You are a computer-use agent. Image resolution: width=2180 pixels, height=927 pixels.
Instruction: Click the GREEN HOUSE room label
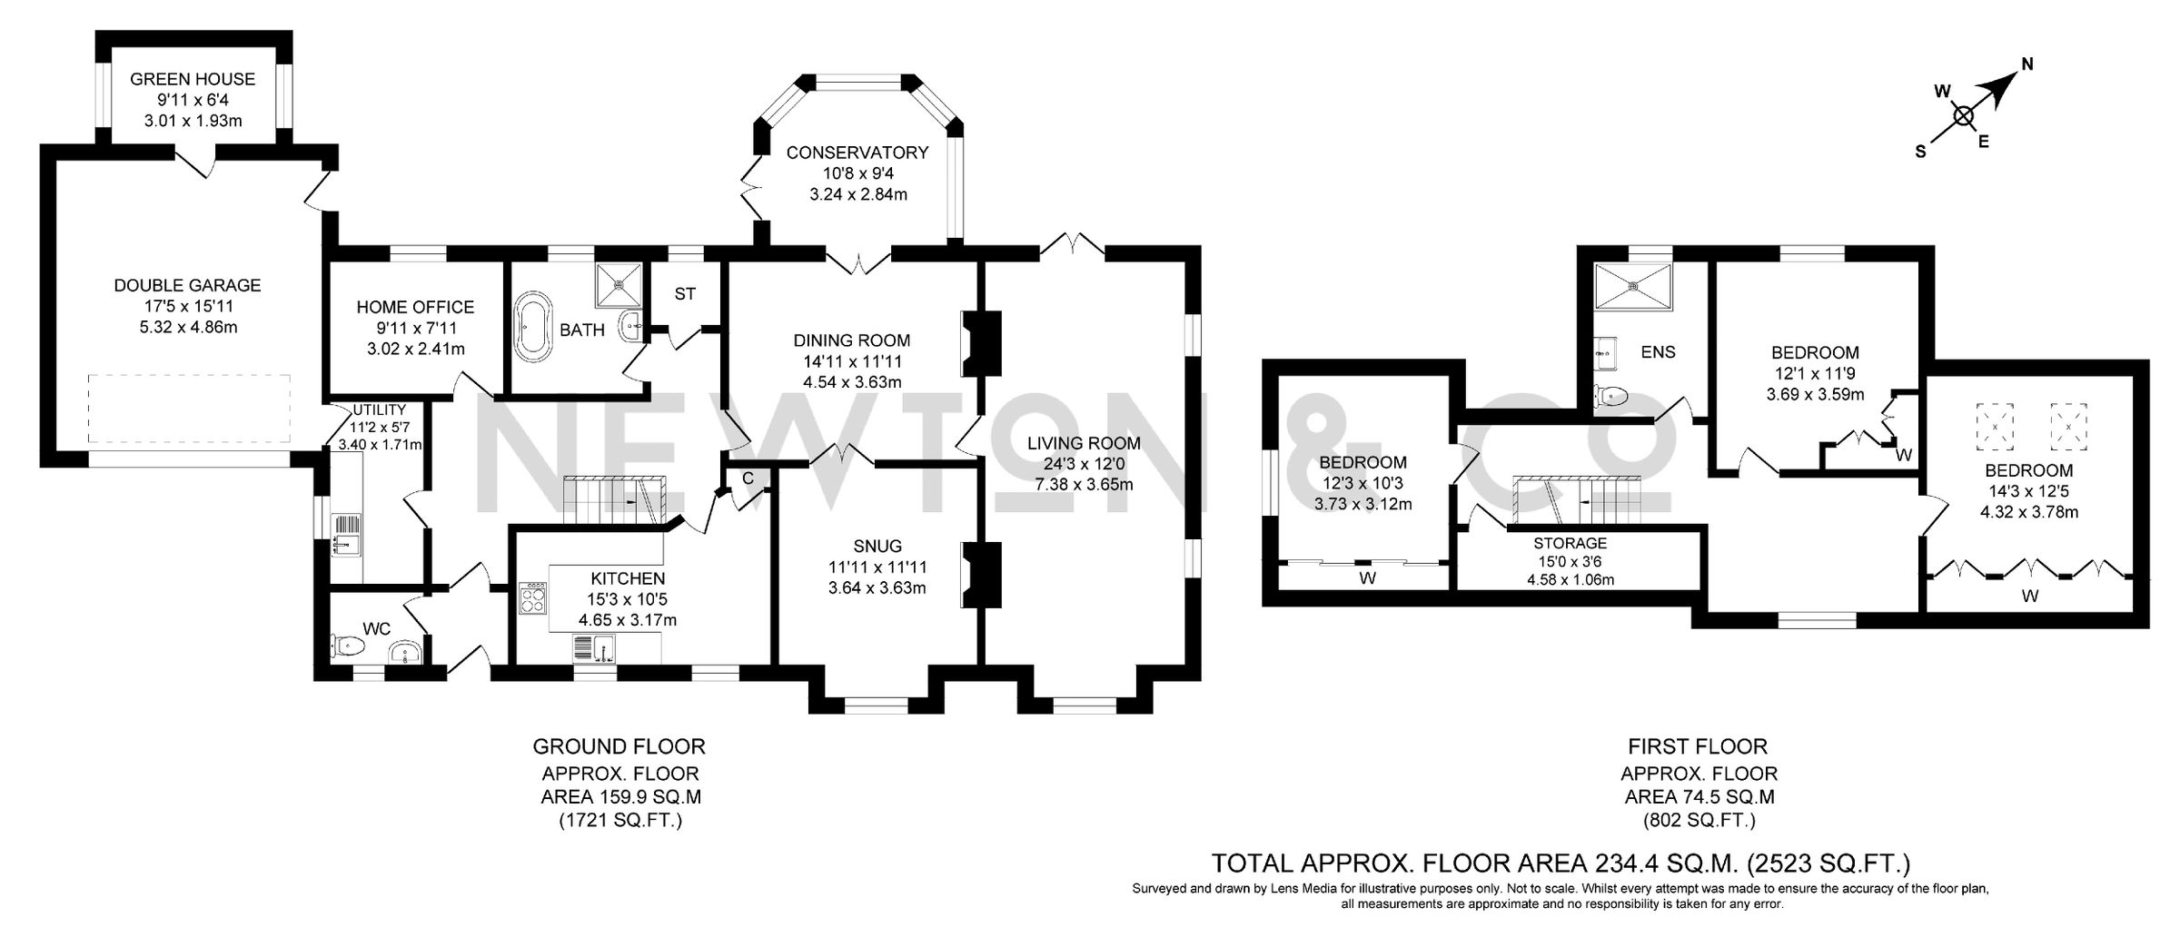pos(193,79)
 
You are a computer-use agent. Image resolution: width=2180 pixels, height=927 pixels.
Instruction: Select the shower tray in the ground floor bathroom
pos(619,285)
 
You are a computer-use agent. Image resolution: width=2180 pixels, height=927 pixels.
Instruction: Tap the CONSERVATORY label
pos(857,153)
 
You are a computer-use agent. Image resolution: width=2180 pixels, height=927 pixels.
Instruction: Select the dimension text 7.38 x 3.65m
pos(1084,485)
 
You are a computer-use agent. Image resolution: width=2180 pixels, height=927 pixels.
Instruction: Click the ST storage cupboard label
pos(685,294)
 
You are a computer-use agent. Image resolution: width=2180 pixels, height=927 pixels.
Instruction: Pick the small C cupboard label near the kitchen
pos(748,478)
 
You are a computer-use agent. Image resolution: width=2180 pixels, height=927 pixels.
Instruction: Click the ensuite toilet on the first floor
pos(1612,396)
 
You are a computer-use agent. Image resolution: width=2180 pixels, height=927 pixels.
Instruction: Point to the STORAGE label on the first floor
pos(1571,544)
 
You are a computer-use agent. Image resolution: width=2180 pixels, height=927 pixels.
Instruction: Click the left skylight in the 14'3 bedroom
pos(1996,425)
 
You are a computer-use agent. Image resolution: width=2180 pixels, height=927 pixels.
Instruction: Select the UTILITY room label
pos(380,410)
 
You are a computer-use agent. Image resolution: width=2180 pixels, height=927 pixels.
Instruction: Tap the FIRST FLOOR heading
pos(1698,747)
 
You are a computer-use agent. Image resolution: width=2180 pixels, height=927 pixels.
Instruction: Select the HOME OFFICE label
pos(415,308)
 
